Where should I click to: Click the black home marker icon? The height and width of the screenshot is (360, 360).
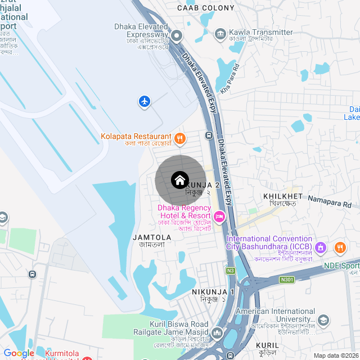coord(179,180)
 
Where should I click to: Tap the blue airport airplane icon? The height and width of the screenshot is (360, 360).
coord(145,101)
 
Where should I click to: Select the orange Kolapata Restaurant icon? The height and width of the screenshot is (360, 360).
coord(180,137)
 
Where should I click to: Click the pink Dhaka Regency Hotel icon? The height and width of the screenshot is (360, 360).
coord(219,215)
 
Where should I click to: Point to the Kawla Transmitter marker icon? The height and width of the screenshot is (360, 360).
coord(220,34)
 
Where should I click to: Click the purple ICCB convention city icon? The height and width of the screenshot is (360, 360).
coord(321,247)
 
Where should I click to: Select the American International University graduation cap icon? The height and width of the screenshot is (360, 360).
coord(323,320)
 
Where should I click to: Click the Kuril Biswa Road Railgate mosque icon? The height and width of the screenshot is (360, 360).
coord(217,335)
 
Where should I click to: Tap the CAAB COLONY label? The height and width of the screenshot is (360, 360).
coord(205,8)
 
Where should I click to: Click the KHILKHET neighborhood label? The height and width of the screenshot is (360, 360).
coord(283,196)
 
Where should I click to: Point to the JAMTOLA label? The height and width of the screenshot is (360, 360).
coord(151,238)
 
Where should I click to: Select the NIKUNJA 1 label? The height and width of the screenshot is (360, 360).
coord(213,292)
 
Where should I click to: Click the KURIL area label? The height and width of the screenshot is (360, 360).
coord(267,345)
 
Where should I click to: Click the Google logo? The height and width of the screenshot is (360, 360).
coord(19,353)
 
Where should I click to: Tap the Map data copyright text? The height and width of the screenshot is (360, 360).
coord(336,355)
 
